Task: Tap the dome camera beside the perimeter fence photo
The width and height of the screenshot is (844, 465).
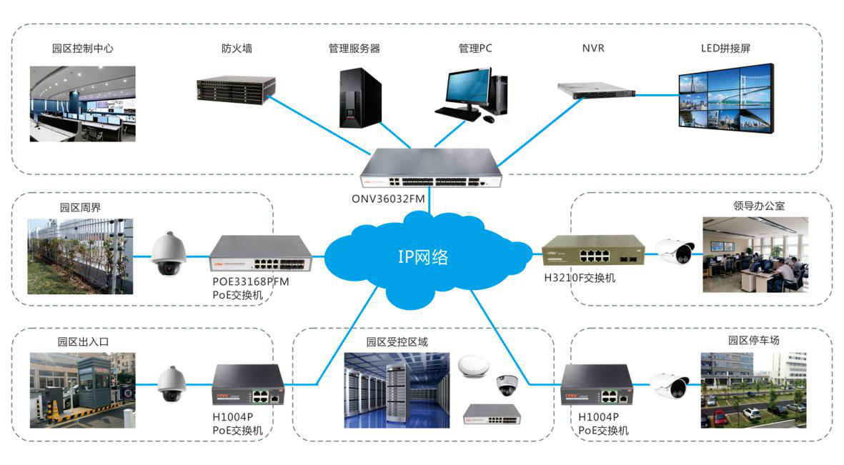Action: (169, 254)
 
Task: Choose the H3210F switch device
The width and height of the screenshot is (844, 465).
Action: (592, 252)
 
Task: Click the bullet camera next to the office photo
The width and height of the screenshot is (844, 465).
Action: (675, 252)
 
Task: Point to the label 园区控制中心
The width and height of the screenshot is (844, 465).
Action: (82, 49)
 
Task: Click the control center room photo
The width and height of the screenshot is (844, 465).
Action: (82, 104)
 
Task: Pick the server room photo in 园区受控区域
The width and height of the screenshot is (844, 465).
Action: (397, 390)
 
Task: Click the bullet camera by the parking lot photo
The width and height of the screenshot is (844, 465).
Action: (670, 386)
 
